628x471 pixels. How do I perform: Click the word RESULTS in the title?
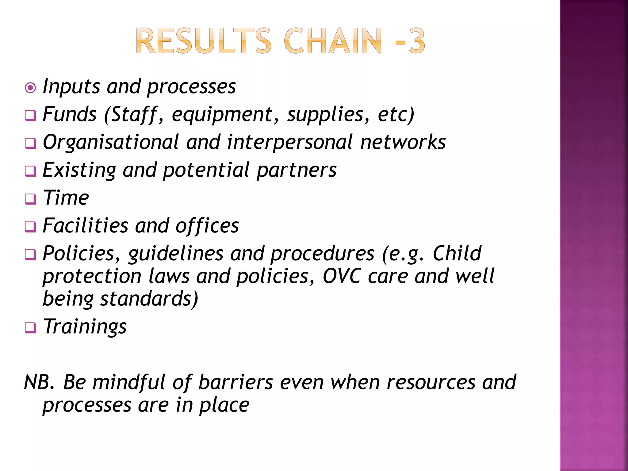coord(203,41)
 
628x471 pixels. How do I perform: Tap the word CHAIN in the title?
coord(333,41)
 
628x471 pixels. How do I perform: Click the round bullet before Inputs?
coord(30,88)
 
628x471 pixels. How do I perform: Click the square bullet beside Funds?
coord(30,116)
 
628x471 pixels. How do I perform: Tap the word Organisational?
coord(111,142)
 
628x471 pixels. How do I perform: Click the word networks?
coord(403,142)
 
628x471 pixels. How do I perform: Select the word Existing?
coord(79,170)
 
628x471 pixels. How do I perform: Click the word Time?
coord(66,198)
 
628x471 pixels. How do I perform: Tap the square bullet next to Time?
coord(30,199)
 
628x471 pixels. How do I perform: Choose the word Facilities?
coord(85,226)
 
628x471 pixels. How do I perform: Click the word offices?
coord(207,226)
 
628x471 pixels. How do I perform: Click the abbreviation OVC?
coord(342,276)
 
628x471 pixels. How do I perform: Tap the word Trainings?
coord(85,326)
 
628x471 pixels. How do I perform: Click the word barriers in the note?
coord(235,382)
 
